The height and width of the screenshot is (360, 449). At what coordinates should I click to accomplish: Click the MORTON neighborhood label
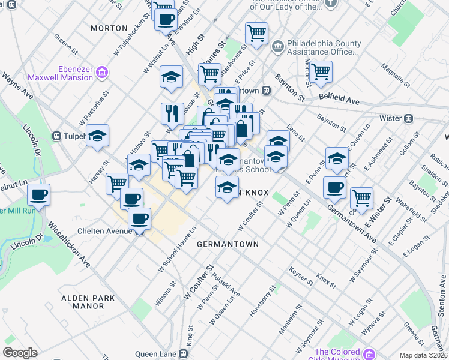109,28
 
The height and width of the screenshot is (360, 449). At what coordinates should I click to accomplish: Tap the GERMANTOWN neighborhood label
228,244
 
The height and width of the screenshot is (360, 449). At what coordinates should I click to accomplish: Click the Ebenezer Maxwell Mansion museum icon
101,73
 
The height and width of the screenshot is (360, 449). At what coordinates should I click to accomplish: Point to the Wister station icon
408,118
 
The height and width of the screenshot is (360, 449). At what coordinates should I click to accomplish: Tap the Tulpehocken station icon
59,136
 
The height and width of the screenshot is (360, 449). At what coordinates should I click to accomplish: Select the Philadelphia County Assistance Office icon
278,45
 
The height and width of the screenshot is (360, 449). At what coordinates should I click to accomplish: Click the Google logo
20,353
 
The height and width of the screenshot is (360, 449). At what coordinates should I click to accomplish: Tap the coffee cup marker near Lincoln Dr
39,194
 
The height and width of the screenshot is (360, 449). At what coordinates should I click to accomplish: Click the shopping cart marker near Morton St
321,71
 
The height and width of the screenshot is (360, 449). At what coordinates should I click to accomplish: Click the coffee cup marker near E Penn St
334,187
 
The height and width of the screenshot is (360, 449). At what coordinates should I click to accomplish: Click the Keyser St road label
301,275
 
